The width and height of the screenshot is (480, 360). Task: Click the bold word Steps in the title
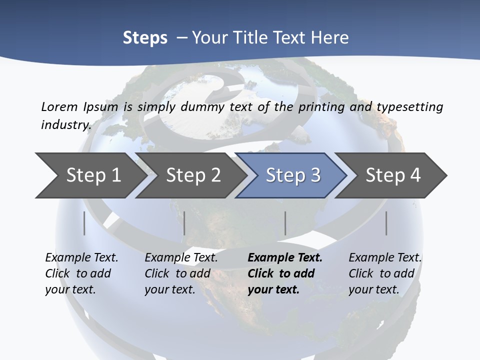coord(145,38)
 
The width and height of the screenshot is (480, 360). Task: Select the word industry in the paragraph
coord(65,124)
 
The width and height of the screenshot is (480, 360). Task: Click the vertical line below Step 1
coord(84,223)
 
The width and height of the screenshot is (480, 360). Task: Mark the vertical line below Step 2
coord(184,223)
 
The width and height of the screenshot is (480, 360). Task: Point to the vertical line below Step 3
coord(285,223)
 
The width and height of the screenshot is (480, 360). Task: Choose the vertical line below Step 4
coord(386,223)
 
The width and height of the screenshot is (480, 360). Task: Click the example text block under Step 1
coord(81,273)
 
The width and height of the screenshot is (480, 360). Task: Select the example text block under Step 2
coord(181,273)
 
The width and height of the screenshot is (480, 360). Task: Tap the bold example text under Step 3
coord(285,273)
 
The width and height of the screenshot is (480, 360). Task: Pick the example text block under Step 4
coord(385,273)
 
